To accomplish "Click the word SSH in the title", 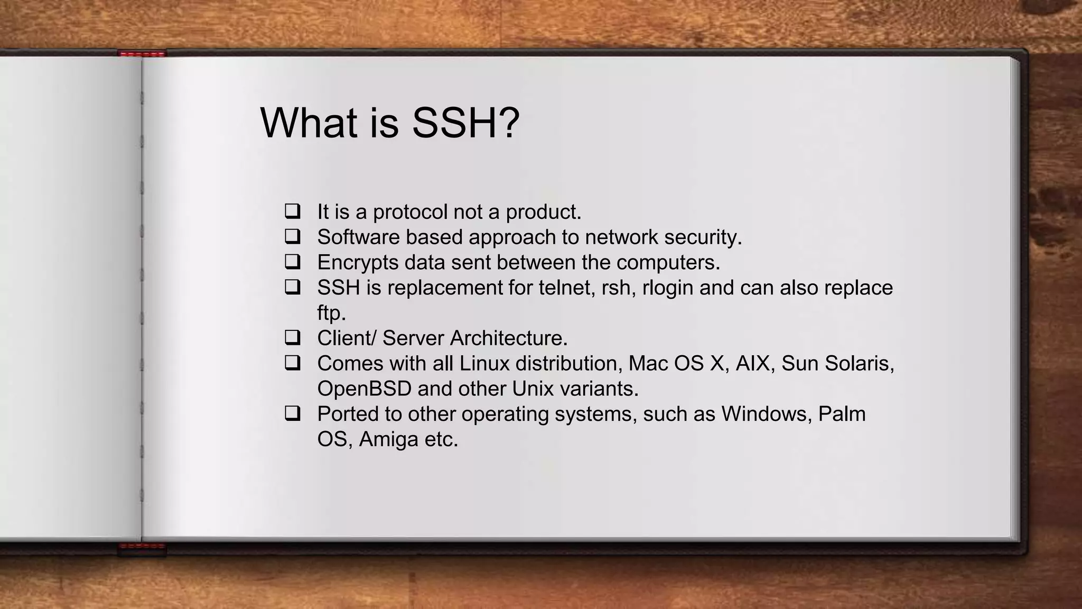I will tap(453, 123).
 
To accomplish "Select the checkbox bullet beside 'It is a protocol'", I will tap(292, 211).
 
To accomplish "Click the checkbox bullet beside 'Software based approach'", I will tap(292, 236).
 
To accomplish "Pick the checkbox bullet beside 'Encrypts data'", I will tap(292, 262).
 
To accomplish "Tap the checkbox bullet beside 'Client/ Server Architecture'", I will tap(292, 337).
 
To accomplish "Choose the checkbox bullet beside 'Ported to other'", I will tap(292, 413).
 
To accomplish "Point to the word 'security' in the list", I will tap(702, 238).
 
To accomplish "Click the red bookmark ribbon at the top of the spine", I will tap(142, 53).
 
